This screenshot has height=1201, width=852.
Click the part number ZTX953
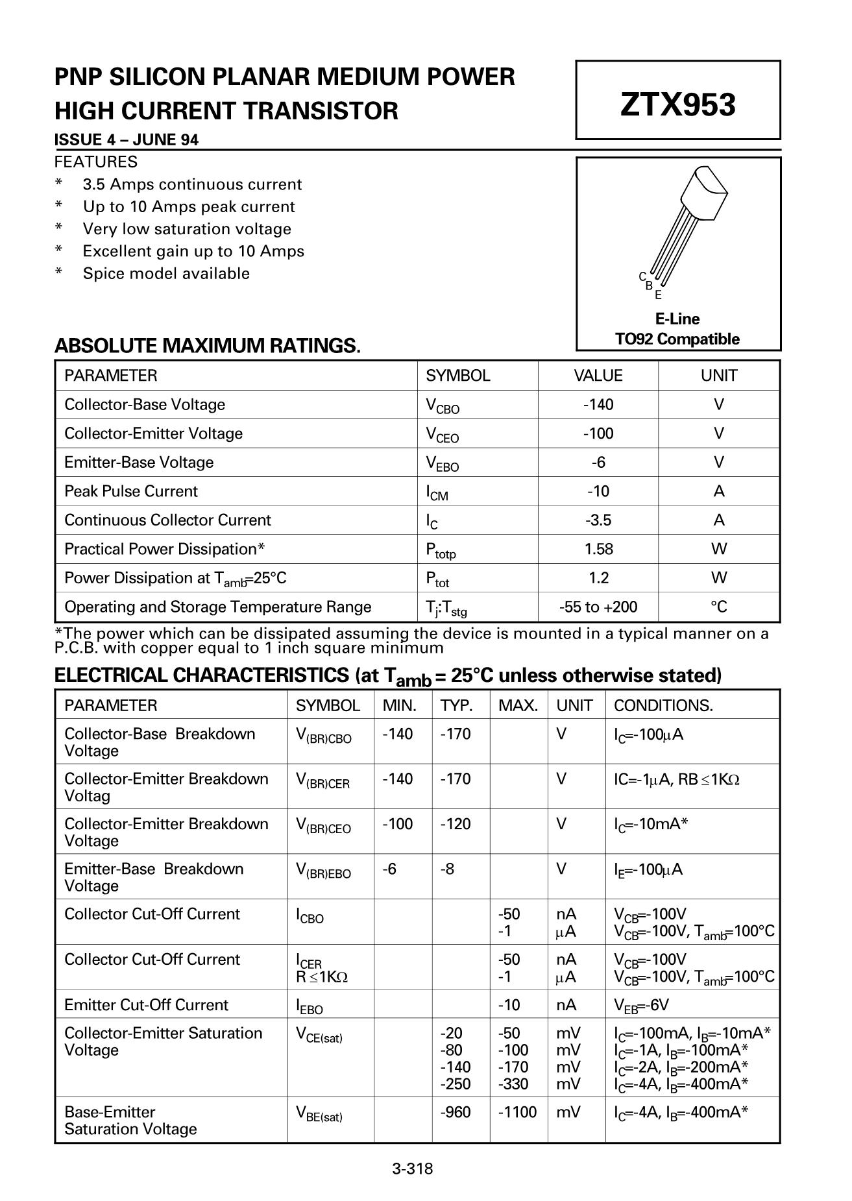(x=677, y=104)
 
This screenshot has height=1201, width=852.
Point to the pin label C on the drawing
(x=642, y=276)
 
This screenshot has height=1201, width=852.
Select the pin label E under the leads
(x=658, y=295)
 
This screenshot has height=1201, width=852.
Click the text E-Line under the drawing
(x=677, y=319)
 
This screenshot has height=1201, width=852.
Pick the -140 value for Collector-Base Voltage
(x=598, y=405)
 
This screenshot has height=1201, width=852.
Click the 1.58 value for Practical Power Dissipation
(x=598, y=549)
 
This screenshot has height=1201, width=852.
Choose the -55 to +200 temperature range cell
(x=598, y=607)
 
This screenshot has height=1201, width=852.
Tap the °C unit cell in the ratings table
(x=718, y=607)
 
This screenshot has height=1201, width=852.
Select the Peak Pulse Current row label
(x=131, y=491)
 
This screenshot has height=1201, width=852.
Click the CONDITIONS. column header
(x=663, y=706)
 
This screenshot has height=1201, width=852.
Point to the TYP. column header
(x=457, y=706)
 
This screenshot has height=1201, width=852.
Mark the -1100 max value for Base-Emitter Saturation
(x=517, y=1113)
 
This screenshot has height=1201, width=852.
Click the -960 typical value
(x=456, y=1113)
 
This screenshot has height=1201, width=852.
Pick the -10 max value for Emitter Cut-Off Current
(x=509, y=1005)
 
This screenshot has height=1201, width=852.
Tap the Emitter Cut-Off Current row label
(x=146, y=1005)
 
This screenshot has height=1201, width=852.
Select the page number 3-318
(x=412, y=1169)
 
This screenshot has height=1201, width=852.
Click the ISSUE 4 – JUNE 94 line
(x=127, y=140)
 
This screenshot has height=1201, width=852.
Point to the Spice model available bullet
(x=166, y=274)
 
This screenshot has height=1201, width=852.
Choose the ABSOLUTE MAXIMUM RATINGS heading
(x=207, y=346)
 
